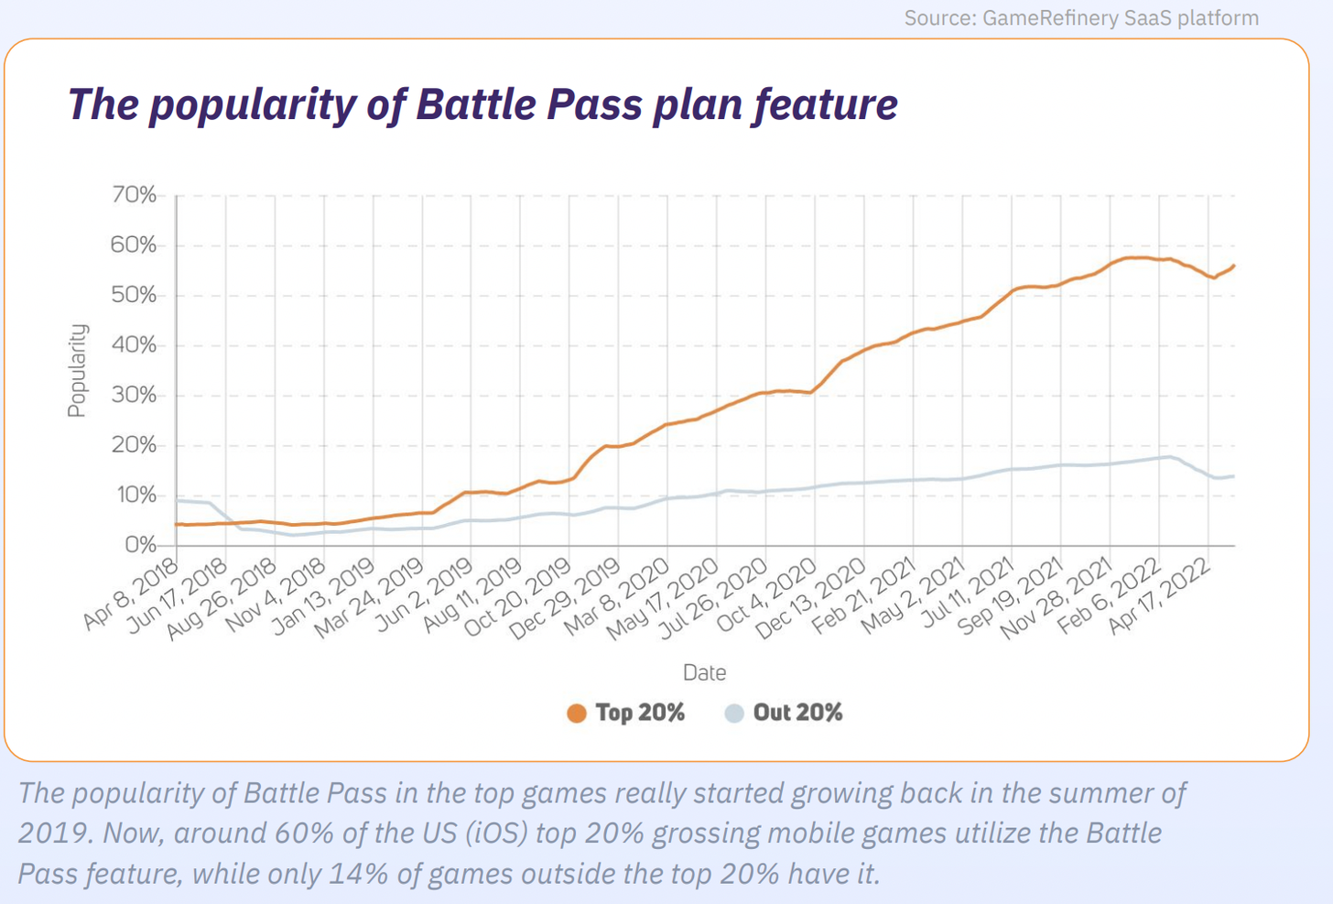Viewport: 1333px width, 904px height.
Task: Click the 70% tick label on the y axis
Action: pos(134,195)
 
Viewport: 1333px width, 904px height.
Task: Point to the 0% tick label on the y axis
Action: pos(139,545)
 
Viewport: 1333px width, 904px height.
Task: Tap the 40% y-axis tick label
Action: pos(134,345)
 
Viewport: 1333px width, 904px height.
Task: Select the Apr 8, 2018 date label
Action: pos(130,593)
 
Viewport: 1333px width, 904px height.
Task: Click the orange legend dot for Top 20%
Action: pos(576,713)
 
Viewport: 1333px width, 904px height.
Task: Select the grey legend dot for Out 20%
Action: pos(734,713)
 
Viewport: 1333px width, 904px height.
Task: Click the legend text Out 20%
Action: pos(797,713)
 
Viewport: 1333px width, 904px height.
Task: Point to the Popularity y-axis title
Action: pos(77,370)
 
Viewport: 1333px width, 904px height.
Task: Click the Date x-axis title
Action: pos(704,672)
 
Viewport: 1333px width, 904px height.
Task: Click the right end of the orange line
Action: pos(1234,266)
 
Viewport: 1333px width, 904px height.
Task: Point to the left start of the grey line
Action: pos(177,500)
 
